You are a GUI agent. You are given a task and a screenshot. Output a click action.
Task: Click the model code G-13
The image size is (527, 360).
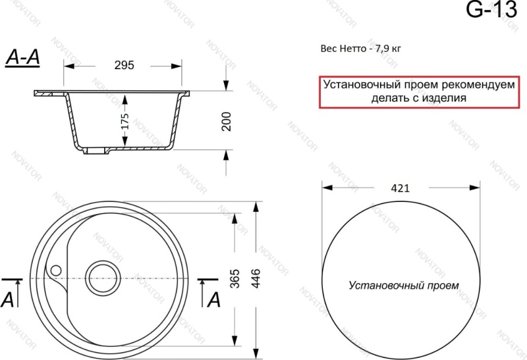click(x=491, y=9)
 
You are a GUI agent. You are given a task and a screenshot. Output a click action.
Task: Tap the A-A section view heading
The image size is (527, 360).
click(x=22, y=57)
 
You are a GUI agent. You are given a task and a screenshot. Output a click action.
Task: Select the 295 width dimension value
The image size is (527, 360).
click(x=124, y=64)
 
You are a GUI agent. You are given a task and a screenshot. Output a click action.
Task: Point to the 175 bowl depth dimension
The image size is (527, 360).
click(x=125, y=121)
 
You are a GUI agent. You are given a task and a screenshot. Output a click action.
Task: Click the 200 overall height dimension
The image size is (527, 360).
click(x=226, y=121)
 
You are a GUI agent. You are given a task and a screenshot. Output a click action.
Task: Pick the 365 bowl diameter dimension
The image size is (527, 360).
click(x=235, y=278)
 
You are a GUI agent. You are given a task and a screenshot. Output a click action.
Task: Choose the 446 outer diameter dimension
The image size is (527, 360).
click(x=256, y=278)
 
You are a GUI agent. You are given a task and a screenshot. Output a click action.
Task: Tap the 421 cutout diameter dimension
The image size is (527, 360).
click(x=401, y=188)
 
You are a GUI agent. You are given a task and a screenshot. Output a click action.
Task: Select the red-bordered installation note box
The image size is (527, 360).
click(x=419, y=91)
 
